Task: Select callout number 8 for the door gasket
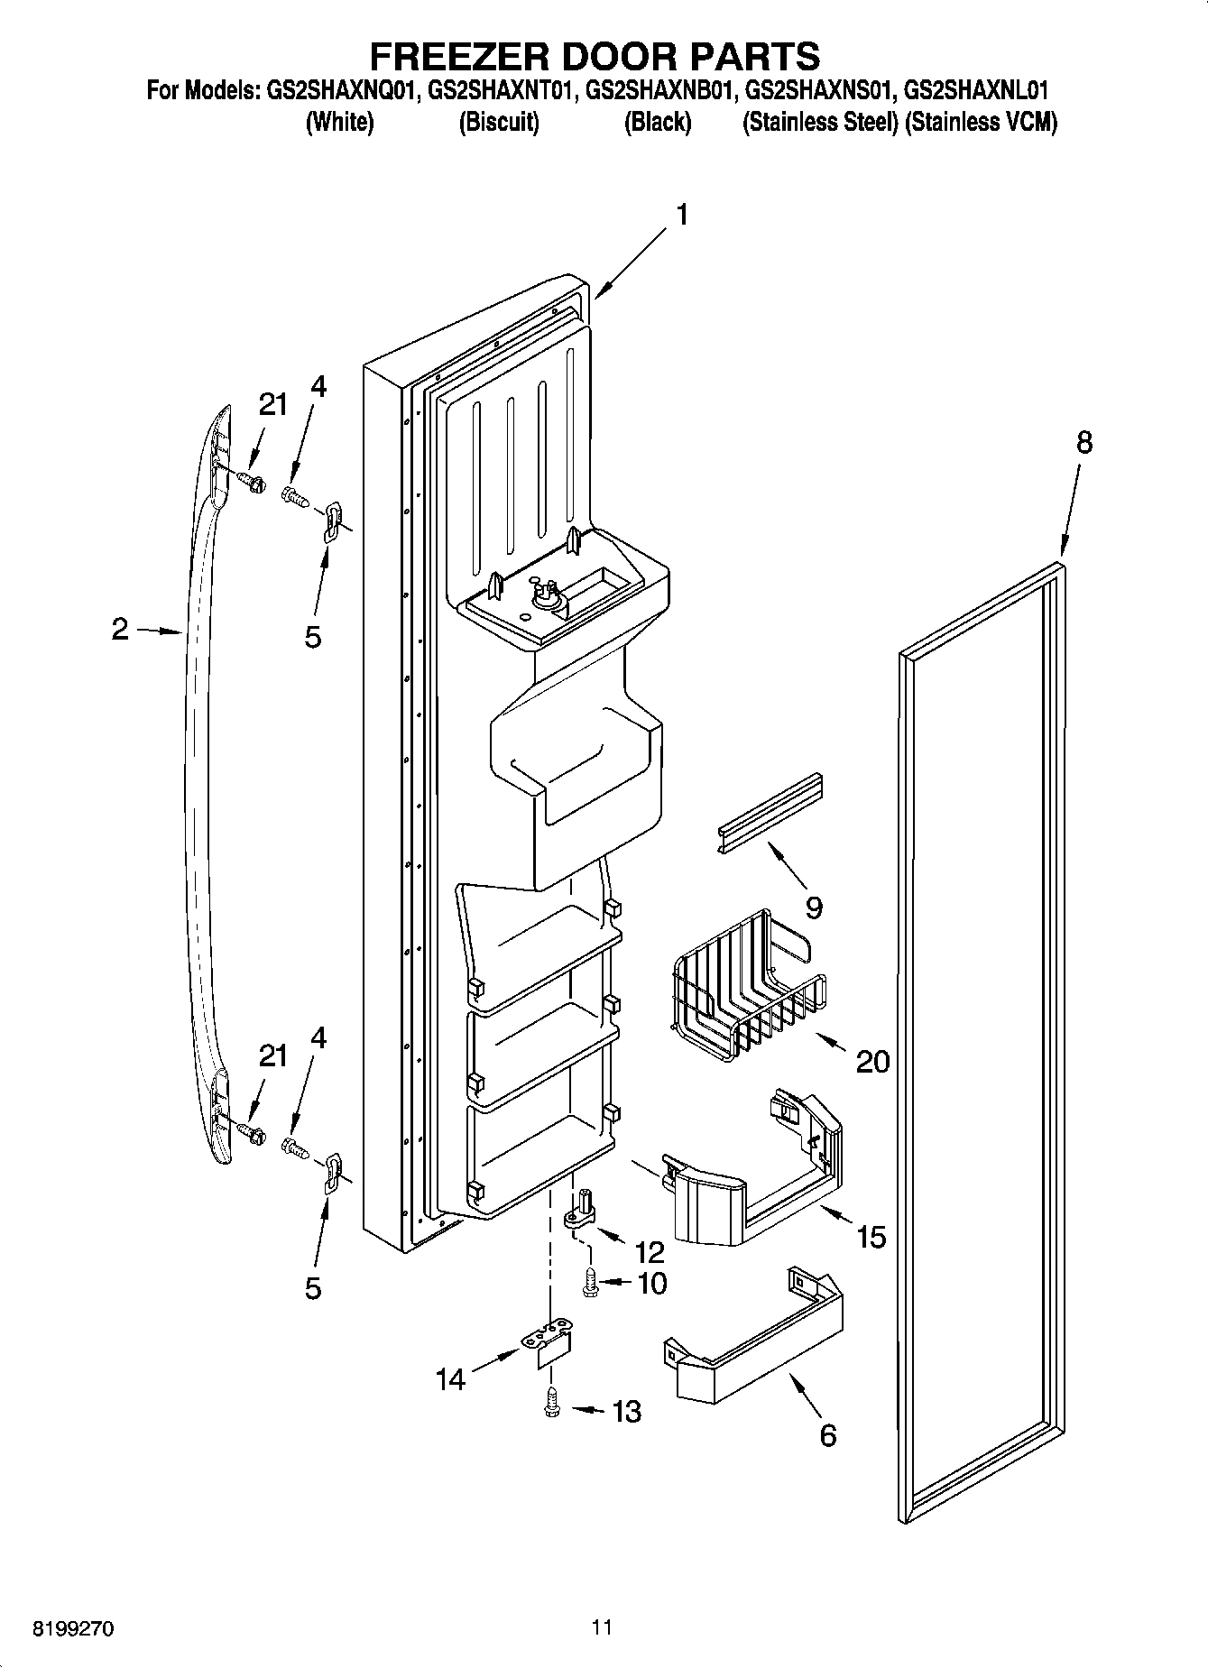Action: (1084, 442)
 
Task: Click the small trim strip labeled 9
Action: (770, 813)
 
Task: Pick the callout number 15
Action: (871, 1236)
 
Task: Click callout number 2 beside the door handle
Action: (121, 629)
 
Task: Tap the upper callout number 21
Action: (272, 405)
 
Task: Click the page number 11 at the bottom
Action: (603, 1627)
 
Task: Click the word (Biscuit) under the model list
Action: (499, 123)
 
